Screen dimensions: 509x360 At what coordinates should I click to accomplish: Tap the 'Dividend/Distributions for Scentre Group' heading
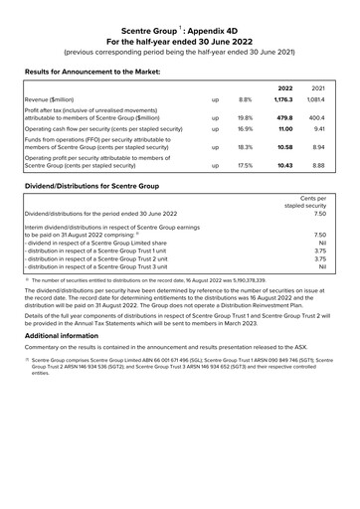click(x=89, y=186)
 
